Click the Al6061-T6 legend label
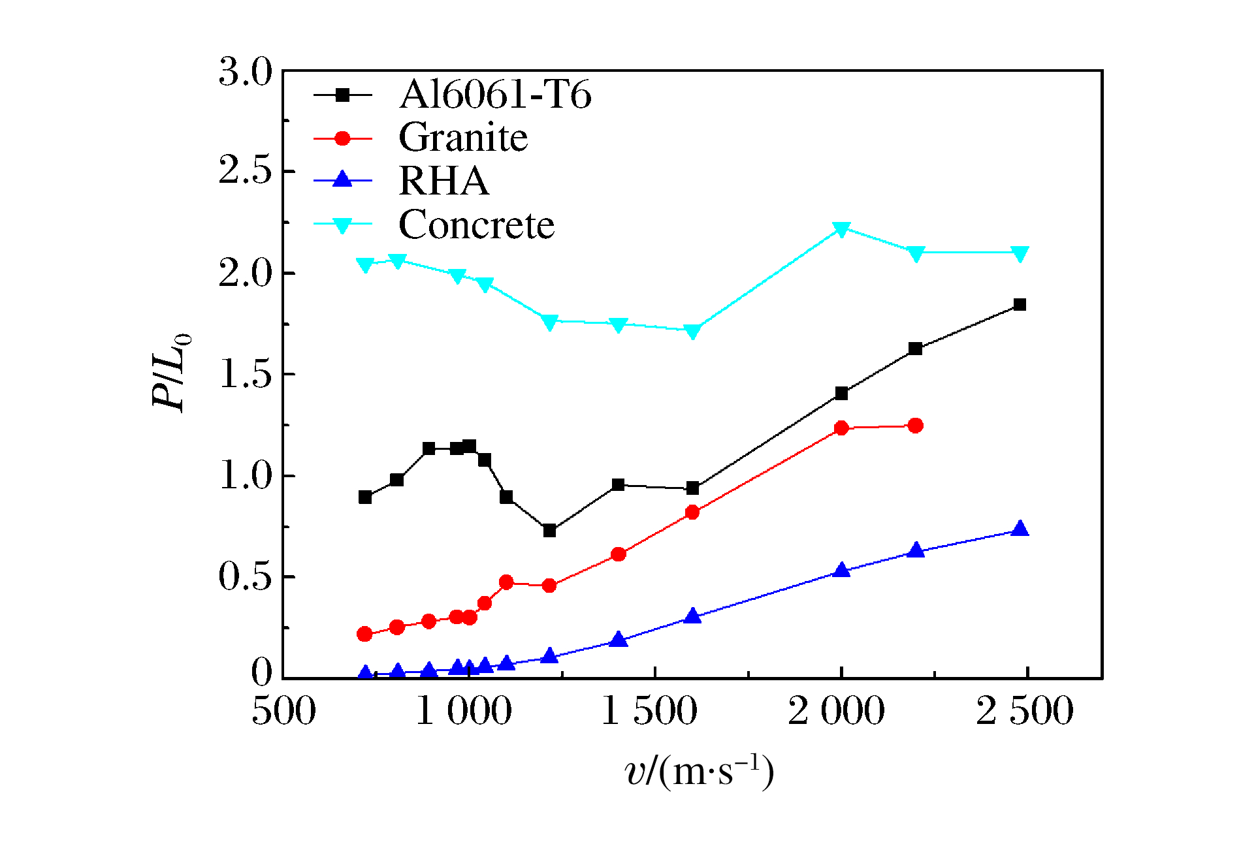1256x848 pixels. coord(495,95)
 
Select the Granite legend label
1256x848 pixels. coord(463,138)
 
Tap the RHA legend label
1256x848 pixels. coord(443,181)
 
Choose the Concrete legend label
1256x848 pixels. coord(476,225)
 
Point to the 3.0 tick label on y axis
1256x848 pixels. coord(245,71)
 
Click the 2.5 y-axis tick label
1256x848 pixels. coord(245,171)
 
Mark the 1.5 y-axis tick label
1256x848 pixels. coord(245,375)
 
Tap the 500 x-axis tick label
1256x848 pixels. coord(283,711)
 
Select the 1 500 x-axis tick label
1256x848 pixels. coord(649,711)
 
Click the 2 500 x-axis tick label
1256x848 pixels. coord(1024,711)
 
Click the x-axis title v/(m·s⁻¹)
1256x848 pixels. coord(699,772)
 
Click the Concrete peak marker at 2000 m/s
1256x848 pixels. coord(841,229)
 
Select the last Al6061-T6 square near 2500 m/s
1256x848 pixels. coord(1020,305)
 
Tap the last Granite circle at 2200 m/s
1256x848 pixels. coord(915,426)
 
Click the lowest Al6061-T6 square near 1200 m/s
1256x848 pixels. coord(549,531)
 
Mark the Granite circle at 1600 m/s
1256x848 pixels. coord(692,512)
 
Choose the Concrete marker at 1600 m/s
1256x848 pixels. coord(692,331)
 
